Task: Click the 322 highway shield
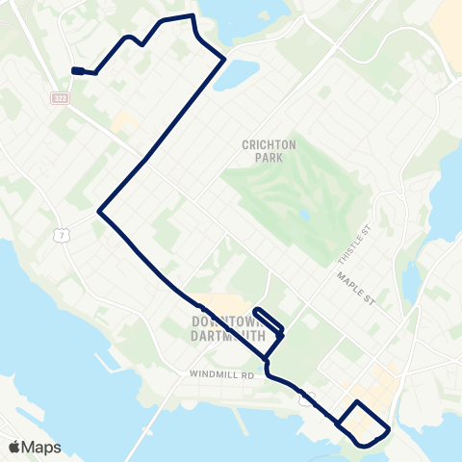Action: (x=60, y=98)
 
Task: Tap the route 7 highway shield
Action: (x=60, y=236)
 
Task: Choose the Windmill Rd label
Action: (x=220, y=374)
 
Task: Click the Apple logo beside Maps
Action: (x=13, y=447)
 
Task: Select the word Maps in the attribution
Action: (x=42, y=448)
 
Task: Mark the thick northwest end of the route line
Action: (x=77, y=69)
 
